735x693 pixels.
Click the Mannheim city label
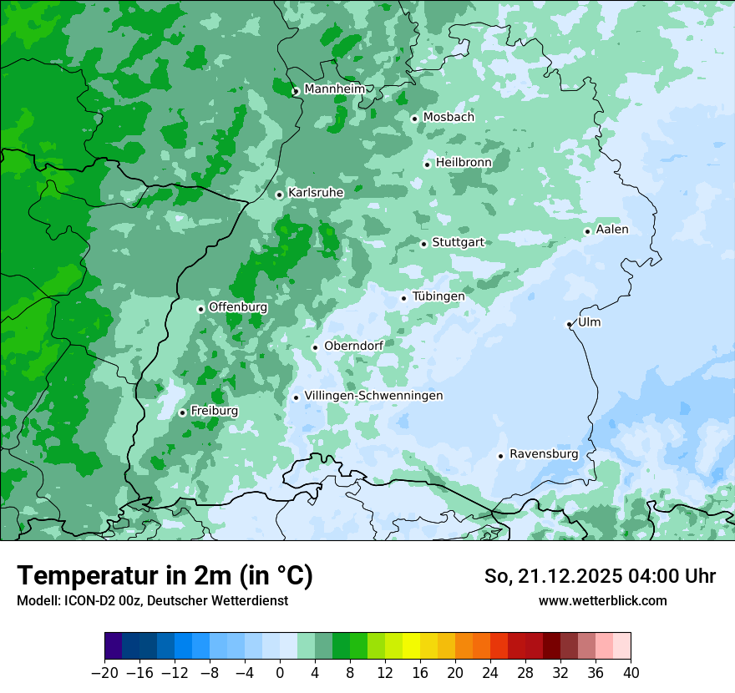pyautogui.click(x=334, y=89)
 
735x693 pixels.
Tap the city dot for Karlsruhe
pyautogui.click(x=280, y=195)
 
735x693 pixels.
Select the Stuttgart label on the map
pyautogui.click(x=458, y=242)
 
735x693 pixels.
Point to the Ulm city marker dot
pyautogui.click(x=570, y=324)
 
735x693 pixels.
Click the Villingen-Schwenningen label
pyautogui.click(x=373, y=396)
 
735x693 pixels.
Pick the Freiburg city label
pyautogui.click(x=214, y=411)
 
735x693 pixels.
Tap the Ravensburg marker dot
pyautogui.click(x=500, y=456)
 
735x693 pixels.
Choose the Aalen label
pyautogui.click(x=612, y=230)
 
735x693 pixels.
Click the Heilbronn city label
pyautogui.click(x=463, y=162)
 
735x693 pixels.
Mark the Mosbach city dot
pyautogui.click(x=414, y=119)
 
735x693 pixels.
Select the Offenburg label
pyautogui.click(x=238, y=307)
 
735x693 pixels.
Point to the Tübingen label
pyautogui.click(x=438, y=296)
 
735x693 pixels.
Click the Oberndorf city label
pyautogui.click(x=353, y=346)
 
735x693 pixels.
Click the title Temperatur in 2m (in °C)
pyautogui.click(x=165, y=575)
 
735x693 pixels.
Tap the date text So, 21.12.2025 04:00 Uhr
pyautogui.click(x=600, y=576)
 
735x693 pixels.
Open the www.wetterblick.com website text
pyautogui.click(x=602, y=600)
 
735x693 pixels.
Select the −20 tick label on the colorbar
pyautogui.click(x=104, y=673)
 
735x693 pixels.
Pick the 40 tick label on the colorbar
pyautogui.click(x=631, y=673)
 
